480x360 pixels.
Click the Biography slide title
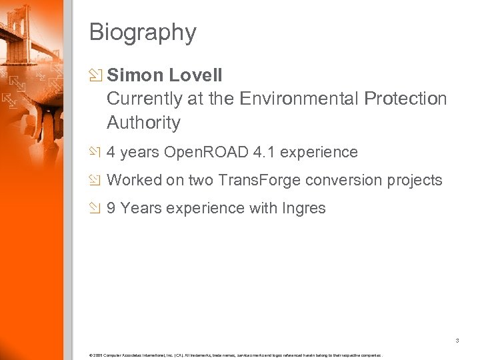[x=143, y=32]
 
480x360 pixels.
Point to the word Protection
[x=405, y=99]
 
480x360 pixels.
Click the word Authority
[x=143, y=123]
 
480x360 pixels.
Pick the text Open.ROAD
[x=207, y=153]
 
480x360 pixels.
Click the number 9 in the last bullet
[x=111, y=208]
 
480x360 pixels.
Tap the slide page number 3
[x=457, y=341]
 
